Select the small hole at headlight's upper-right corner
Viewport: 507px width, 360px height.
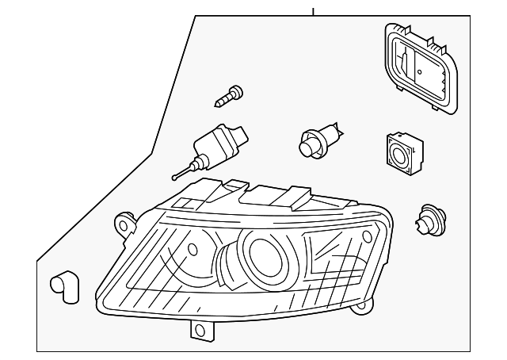366,236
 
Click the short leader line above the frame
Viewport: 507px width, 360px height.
313,11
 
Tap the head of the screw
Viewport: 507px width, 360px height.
235,89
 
